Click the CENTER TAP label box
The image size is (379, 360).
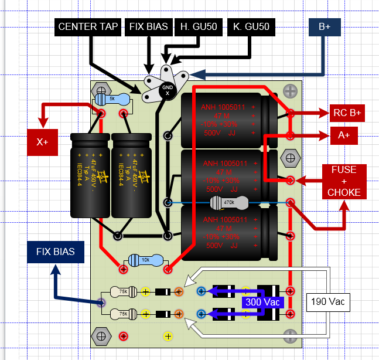[88, 27]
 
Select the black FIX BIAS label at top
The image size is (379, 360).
[149, 27]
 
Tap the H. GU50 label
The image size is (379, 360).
[198, 27]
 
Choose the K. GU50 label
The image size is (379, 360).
[250, 27]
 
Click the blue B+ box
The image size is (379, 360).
[324, 27]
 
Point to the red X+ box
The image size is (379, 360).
[43, 142]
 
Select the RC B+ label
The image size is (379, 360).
[347, 113]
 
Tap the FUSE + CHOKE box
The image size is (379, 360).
[344, 181]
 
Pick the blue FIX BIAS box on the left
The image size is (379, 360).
[56, 252]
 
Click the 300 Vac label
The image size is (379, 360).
[263, 303]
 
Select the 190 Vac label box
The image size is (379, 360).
[328, 303]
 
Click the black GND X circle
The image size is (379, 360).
[168, 90]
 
